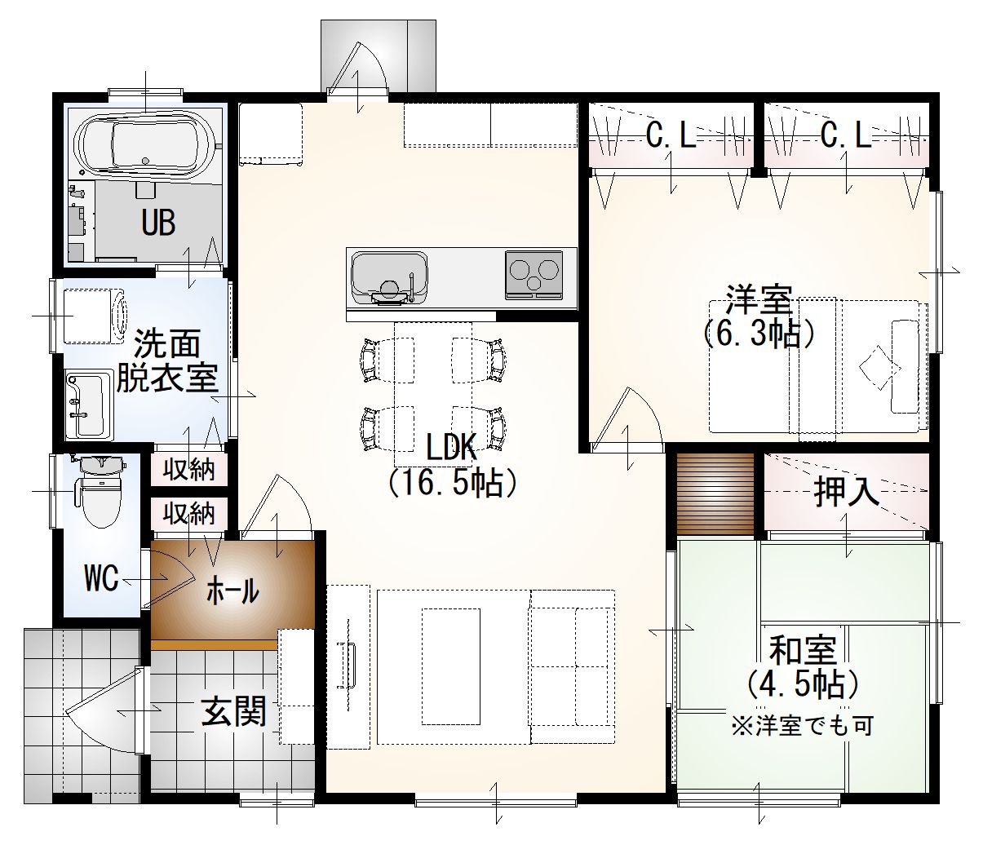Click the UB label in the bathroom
(x=158, y=222)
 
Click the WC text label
(x=101, y=578)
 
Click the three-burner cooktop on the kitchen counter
(x=534, y=274)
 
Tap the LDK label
(x=451, y=447)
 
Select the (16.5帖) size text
(x=452, y=483)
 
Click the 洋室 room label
(x=759, y=300)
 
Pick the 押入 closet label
(x=847, y=492)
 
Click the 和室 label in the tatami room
(x=803, y=651)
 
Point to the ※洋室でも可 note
(x=803, y=726)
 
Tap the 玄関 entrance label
(x=233, y=712)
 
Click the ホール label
(x=232, y=591)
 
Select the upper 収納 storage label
(x=188, y=470)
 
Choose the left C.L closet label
(x=671, y=136)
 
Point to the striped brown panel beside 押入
(x=715, y=494)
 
